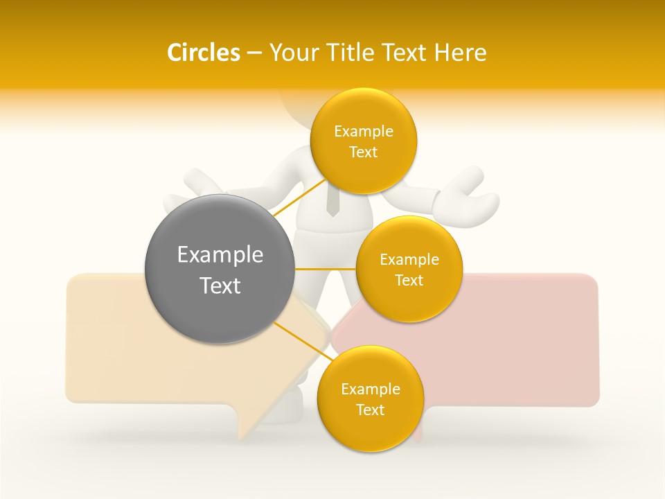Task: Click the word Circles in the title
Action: (203, 53)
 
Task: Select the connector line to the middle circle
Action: (325, 269)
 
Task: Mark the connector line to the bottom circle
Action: (298, 339)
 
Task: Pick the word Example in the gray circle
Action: (220, 255)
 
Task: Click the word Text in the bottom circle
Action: (370, 410)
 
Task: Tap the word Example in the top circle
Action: (364, 131)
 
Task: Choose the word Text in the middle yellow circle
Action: (409, 280)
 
